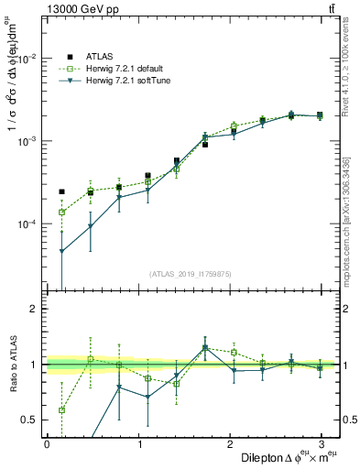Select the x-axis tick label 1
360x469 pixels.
[139, 443]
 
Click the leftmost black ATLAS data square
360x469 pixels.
[61, 191]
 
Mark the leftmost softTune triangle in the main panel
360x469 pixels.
[61, 251]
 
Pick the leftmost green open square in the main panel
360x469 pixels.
[61, 212]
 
